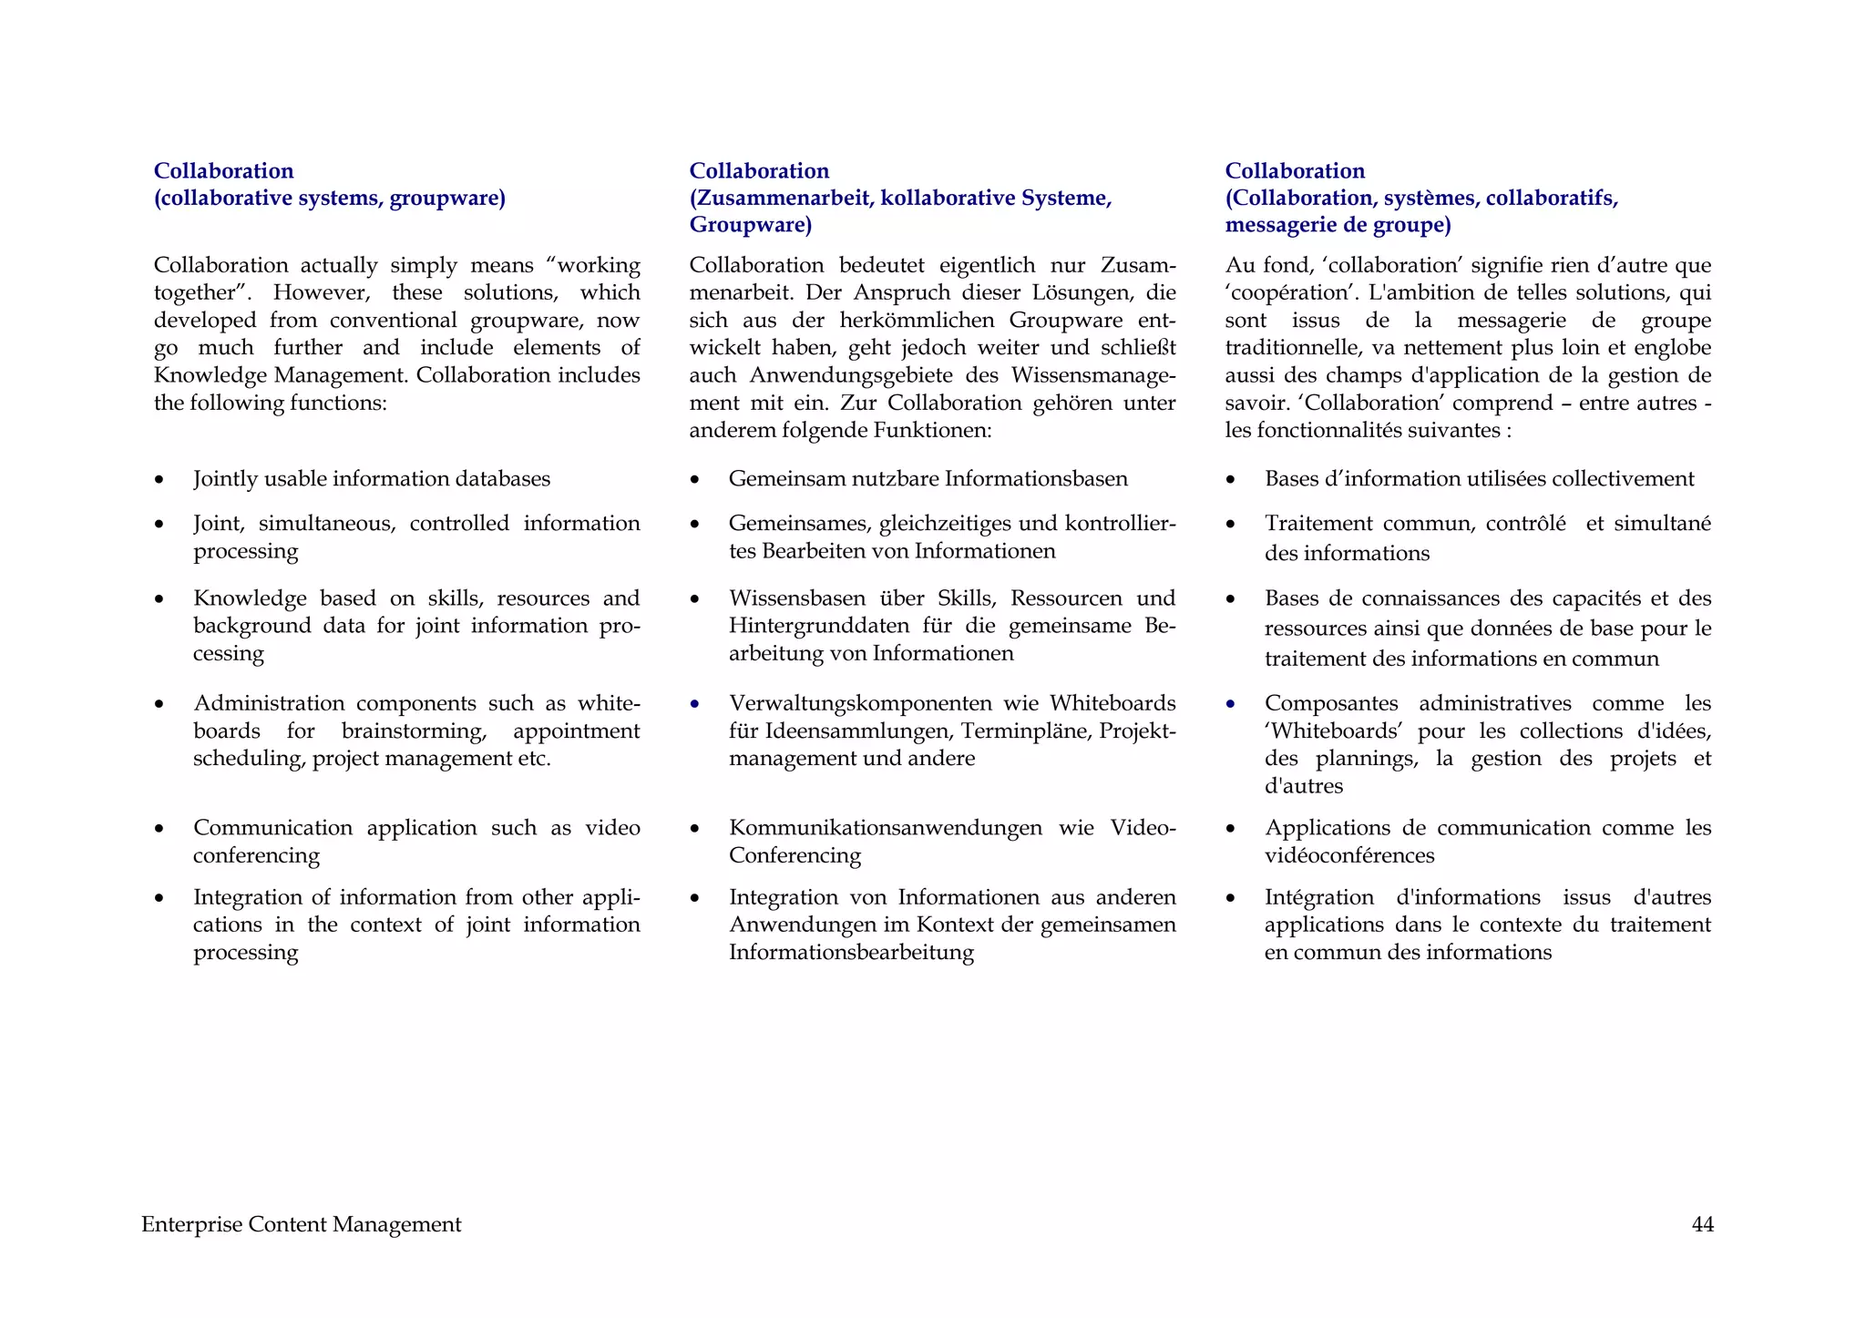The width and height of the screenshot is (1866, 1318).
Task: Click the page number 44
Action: pyautogui.click(x=1702, y=1225)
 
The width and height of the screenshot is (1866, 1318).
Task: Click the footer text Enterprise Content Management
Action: pyautogui.click(x=301, y=1225)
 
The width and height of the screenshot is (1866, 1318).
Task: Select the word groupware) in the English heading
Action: pyautogui.click(x=446, y=199)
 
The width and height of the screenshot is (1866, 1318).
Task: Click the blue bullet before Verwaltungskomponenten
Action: pyautogui.click(x=695, y=704)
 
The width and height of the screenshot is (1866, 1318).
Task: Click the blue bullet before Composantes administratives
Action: pyautogui.click(x=1231, y=704)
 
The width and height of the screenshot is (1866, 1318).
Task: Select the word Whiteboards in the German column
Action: pyautogui.click(x=1112, y=703)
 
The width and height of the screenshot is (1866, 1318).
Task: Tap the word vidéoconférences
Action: pyautogui.click(x=1348, y=855)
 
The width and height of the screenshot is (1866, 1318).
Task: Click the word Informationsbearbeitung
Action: pyautogui.click(x=851, y=953)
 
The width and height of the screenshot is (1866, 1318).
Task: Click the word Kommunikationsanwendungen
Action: pyautogui.click(x=885, y=828)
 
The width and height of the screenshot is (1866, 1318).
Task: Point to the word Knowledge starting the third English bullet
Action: pyautogui.click(x=250, y=598)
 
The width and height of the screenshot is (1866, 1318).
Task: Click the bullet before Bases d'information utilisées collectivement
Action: pyautogui.click(x=1231, y=480)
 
